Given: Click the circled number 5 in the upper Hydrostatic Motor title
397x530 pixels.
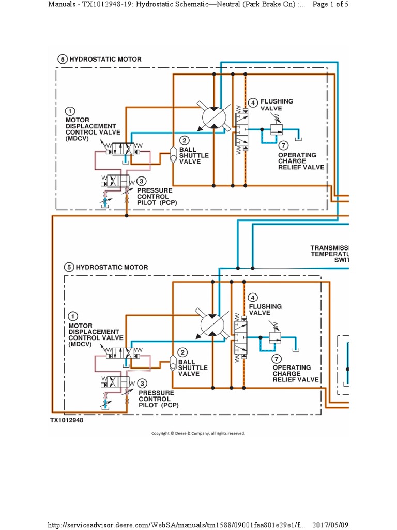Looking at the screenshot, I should tap(63, 60).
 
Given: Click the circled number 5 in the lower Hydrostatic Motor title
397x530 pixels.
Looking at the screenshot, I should tap(69, 267).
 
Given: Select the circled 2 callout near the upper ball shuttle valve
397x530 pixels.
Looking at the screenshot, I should tap(184, 140).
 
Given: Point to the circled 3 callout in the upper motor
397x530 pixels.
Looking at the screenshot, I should tap(142, 182).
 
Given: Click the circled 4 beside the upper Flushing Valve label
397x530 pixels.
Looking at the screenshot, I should tap(253, 102).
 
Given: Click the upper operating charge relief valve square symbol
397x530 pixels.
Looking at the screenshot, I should tap(274, 128).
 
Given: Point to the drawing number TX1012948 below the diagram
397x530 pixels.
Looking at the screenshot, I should tap(66, 420).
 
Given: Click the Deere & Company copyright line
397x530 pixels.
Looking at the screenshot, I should tap(198, 433).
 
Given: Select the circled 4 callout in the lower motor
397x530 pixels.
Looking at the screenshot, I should tap(252, 297).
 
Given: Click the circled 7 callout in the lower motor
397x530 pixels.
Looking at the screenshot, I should tap(278, 358).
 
